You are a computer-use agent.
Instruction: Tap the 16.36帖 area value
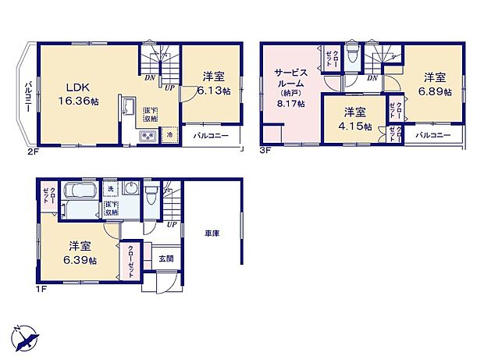click(x=76, y=102)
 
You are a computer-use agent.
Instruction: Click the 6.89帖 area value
click(x=436, y=91)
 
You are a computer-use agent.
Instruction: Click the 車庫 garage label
click(x=212, y=233)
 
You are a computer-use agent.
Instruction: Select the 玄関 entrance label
click(x=165, y=258)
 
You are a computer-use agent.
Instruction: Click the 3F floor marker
click(x=265, y=151)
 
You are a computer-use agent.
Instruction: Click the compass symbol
click(x=26, y=339)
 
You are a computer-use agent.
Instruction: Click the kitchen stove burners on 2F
click(x=148, y=137)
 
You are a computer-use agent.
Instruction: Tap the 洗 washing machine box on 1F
click(x=111, y=190)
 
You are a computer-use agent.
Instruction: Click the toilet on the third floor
click(x=354, y=55)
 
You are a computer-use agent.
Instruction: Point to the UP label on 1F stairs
click(x=170, y=224)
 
